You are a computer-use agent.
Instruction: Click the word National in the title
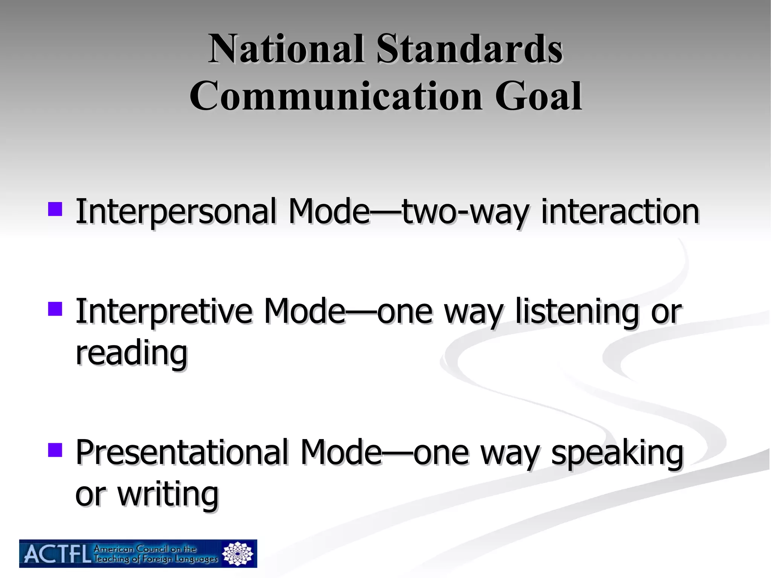286,49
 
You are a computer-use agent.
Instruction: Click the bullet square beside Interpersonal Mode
55,209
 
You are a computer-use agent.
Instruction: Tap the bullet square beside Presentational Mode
55,449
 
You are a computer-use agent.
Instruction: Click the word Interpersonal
177,211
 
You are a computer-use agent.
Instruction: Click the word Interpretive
164,311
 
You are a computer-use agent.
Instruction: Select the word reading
131,354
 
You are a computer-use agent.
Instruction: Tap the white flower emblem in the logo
238,554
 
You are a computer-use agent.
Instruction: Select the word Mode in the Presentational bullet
341,452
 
